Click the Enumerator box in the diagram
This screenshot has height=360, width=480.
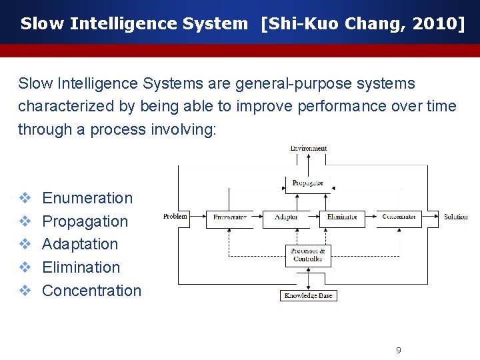click(229, 217)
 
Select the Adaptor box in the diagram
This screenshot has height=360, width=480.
click(286, 217)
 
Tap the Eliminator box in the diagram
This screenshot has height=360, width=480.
click(342, 217)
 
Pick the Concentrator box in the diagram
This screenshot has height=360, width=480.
click(399, 217)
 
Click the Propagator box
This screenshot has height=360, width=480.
click(307, 183)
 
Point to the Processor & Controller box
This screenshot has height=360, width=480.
click(308, 255)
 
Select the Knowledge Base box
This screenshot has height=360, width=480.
click(308, 295)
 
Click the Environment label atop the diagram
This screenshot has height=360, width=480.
click(308, 148)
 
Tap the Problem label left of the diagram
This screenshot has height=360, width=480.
click(175, 217)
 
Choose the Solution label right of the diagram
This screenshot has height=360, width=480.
click(456, 217)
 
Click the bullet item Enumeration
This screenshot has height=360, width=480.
click(87, 198)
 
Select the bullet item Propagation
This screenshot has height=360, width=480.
click(85, 221)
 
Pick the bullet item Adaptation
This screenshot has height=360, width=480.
click(80, 244)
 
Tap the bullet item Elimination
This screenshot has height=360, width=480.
click(81, 267)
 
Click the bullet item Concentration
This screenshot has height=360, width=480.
click(92, 291)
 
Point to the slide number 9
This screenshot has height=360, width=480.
click(398, 351)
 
